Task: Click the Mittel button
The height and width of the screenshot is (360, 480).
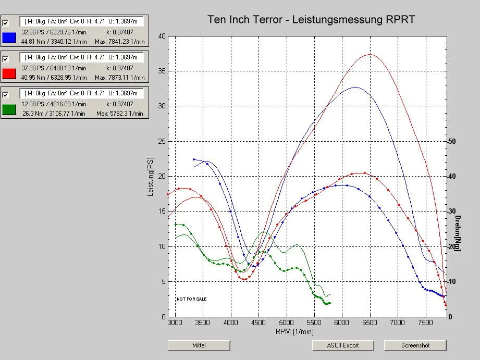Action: [199, 345]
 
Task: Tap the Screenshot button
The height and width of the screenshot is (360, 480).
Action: [415, 345]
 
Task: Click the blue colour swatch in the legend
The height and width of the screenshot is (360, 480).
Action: [8, 38]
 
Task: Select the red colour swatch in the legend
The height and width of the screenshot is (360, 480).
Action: [8, 73]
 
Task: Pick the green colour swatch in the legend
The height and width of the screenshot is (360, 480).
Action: [8, 109]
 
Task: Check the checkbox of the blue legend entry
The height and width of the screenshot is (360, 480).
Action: [6, 23]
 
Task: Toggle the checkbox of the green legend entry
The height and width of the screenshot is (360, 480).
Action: [6, 95]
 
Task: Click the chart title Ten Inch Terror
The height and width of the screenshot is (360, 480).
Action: [311, 20]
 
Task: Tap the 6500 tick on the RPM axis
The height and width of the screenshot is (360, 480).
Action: [370, 323]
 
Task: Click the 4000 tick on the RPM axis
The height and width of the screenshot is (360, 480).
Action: [231, 323]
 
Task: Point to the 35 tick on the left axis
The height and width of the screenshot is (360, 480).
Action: [162, 71]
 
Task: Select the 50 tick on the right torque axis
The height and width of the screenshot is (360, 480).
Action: [452, 141]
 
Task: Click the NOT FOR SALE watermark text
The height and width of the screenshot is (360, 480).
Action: [191, 299]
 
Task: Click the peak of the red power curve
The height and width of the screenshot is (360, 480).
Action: [370, 54]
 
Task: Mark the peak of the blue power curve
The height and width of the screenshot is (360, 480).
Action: [355, 87]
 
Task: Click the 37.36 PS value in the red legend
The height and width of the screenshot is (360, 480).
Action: [32, 68]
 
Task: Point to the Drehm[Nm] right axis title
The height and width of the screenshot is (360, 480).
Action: [457, 233]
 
